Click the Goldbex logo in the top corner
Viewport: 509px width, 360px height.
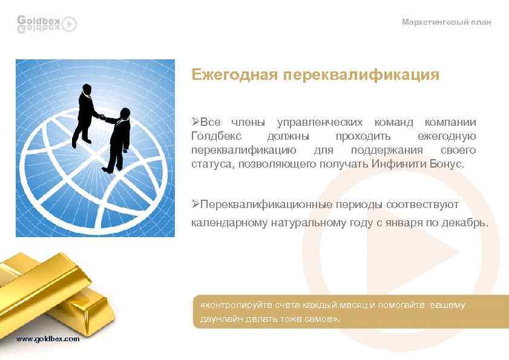pyautogui.click(x=46, y=23)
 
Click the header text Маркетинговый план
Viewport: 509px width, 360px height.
pyautogui.click(x=447, y=22)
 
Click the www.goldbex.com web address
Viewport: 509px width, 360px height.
pyautogui.click(x=48, y=339)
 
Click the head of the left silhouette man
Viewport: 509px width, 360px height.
pyautogui.click(x=87, y=90)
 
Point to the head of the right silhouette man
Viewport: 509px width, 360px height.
pyautogui.click(x=125, y=113)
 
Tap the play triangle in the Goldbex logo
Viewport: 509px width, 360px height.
pyautogui.click(x=70, y=24)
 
